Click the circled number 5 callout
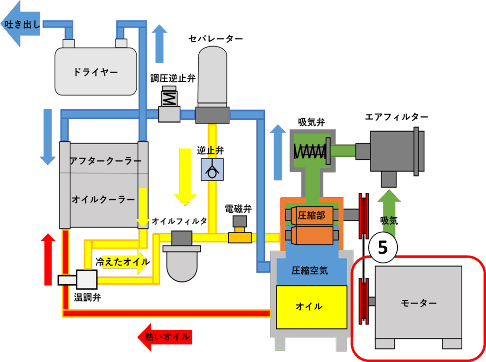click(x=383, y=247)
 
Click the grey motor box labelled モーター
click(x=418, y=303)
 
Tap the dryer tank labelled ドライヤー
click(x=95, y=72)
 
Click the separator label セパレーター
click(x=216, y=38)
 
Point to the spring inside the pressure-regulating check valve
click(x=169, y=99)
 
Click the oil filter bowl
click(x=182, y=266)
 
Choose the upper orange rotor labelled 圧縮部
click(x=311, y=216)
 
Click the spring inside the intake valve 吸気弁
click(x=309, y=151)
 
